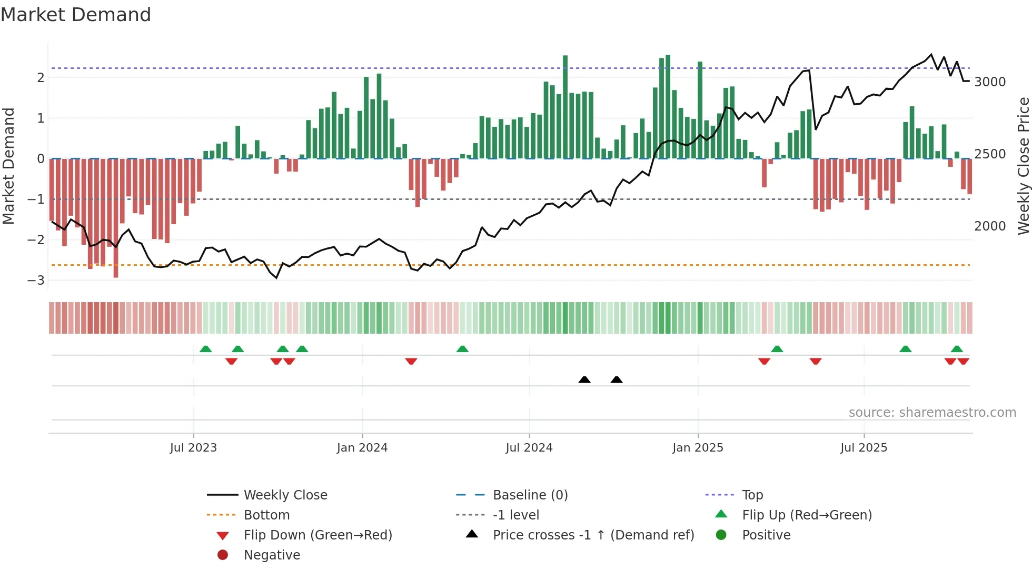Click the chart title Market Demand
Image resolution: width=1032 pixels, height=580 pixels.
[x=76, y=15]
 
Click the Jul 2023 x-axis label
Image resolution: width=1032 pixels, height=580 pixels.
[x=193, y=448]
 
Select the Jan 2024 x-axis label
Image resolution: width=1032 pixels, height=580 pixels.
[x=362, y=448]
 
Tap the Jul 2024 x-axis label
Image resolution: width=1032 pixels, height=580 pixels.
[x=529, y=448]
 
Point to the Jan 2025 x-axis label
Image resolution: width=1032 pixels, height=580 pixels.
[x=698, y=448]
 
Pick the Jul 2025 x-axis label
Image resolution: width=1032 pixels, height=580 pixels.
[x=864, y=448]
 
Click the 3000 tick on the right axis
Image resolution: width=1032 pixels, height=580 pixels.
[x=990, y=82]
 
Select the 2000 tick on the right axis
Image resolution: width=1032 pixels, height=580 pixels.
[x=990, y=226]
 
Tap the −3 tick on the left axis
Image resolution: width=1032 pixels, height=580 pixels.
[x=36, y=280]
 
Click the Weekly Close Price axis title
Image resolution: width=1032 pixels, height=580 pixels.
[x=1023, y=166]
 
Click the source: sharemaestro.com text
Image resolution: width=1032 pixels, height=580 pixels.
[x=932, y=413]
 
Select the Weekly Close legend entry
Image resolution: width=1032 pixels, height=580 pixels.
[x=285, y=495]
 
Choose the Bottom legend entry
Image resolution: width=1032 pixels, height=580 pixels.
[x=266, y=515]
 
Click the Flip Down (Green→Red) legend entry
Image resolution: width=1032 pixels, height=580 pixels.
[x=317, y=535]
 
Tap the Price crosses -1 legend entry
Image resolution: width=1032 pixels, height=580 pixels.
[x=593, y=535]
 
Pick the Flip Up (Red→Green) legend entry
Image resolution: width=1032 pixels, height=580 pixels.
[x=807, y=515]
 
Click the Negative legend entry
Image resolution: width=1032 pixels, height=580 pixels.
[x=272, y=555]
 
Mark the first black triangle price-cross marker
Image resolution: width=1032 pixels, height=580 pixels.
[x=584, y=379]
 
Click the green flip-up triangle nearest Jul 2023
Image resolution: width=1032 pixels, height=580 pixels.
[x=206, y=349]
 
